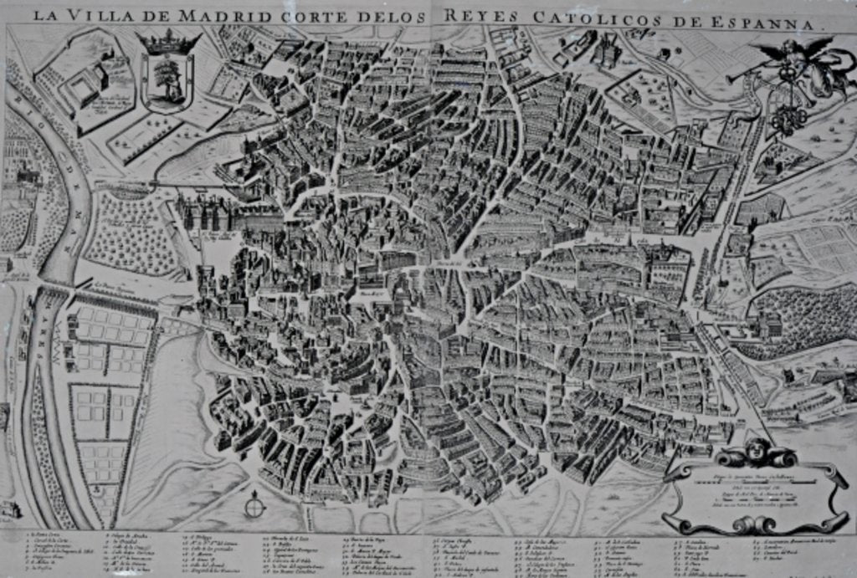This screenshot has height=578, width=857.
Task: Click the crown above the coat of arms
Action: pos(168,42)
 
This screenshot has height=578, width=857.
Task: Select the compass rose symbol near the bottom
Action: pos(255,505)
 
